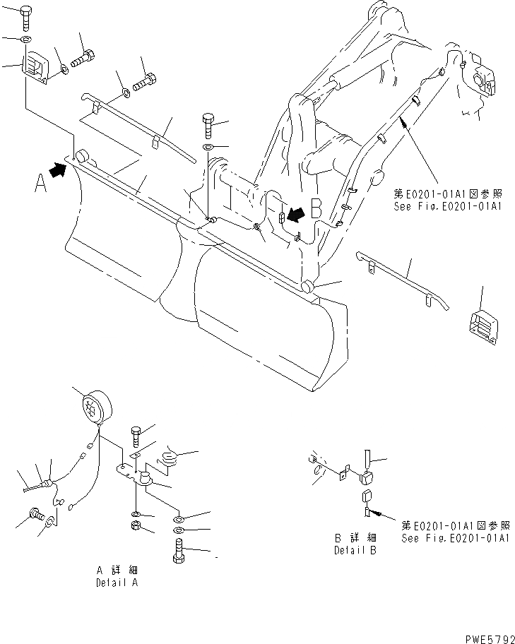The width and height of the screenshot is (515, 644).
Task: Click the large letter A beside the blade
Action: [x=40, y=184]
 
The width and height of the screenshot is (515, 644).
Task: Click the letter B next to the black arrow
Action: [x=317, y=208]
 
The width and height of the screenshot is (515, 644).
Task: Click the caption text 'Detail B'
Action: [x=355, y=551]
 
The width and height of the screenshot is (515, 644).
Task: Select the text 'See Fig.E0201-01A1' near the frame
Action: [x=449, y=208]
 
